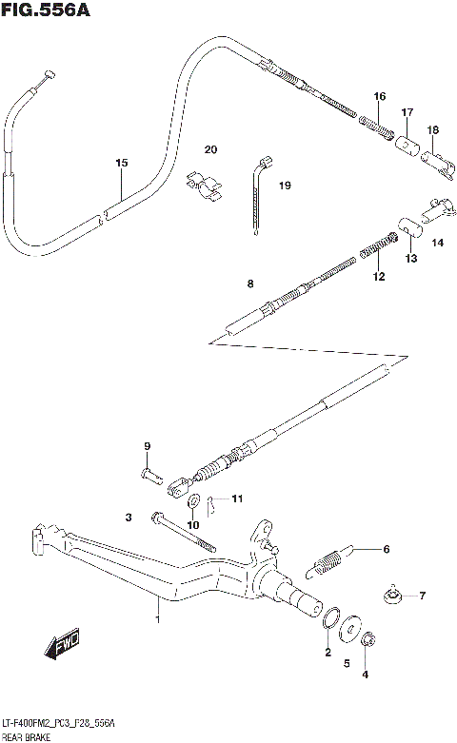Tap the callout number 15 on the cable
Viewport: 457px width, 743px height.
click(121, 164)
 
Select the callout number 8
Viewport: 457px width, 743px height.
click(250, 284)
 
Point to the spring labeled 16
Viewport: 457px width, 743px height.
click(376, 122)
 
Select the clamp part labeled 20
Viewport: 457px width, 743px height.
click(204, 185)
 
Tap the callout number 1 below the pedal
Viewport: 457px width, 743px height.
click(158, 620)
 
